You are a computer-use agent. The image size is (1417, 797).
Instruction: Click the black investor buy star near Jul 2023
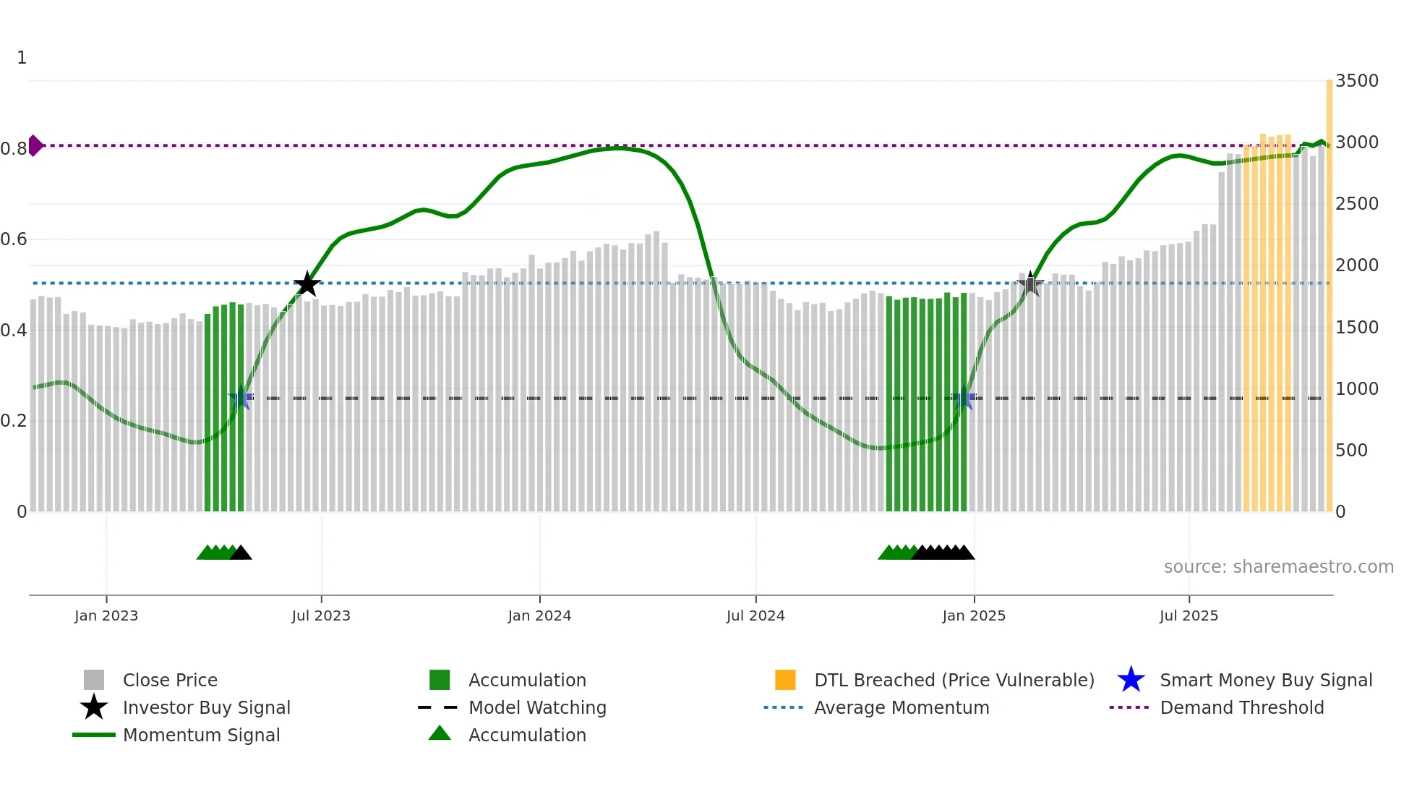tap(307, 284)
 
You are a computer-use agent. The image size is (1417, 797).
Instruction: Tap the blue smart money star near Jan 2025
tap(964, 399)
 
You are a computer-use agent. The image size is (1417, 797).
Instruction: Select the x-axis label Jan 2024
tap(539, 615)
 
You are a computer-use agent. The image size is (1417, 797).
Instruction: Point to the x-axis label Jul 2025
tap(1189, 615)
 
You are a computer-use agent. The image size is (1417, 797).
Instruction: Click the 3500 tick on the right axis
tap(1356, 81)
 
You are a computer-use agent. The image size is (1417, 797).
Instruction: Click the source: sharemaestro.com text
tap(1278, 567)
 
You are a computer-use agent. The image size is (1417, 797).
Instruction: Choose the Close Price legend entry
tap(170, 681)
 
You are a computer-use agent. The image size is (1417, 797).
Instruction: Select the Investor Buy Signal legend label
tap(207, 708)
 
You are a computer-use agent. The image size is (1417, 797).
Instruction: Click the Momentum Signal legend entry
tap(201, 736)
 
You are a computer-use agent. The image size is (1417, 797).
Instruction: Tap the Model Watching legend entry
tap(537, 708)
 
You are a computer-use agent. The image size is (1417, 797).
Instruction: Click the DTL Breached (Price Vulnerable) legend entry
tap(954, 681)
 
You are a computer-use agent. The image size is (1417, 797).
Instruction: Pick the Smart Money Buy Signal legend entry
tap(1266, 681)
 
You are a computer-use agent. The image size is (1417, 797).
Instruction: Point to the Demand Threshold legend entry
tap(1241, 708)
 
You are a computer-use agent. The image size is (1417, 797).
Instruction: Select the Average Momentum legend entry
tap(902, 708)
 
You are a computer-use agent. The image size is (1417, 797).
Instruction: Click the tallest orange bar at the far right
tap(1329, 289)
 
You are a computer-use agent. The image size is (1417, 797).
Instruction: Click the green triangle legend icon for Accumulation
tap(440, 734)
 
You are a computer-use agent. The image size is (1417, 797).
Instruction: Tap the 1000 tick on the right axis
tap(1356, 389)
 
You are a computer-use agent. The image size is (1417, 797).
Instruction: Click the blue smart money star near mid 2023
tap(241, 399)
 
